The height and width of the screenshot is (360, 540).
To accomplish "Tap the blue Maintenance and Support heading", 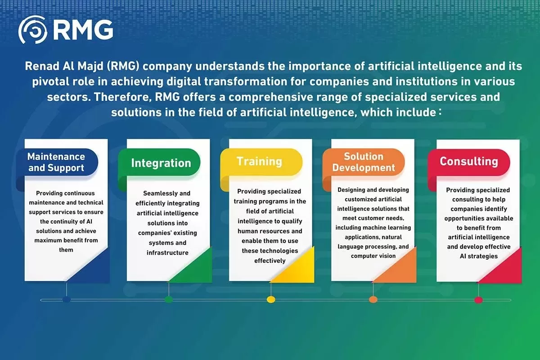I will pos(56,162).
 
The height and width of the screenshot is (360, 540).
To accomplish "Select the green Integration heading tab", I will pos(161,163).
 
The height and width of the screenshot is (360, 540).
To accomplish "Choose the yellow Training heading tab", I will pos(260,162).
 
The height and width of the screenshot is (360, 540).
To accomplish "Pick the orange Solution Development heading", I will pos(363,162).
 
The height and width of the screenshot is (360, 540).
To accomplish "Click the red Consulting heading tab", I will pos(468,162).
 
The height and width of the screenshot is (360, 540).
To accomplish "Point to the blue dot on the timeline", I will pos(67,299).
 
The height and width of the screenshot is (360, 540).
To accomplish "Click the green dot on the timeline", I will pos(169,299).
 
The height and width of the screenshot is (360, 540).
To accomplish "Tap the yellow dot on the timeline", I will pos(271,299).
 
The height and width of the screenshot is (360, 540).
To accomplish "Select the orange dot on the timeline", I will pos(373,299).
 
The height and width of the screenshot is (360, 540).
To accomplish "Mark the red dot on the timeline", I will pos(478,299).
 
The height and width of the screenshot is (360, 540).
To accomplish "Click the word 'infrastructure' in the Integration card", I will pos(167,253).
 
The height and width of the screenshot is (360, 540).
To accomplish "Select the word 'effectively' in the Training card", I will pos(270,261).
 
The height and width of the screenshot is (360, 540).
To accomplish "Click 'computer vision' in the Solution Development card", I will pos(373,256).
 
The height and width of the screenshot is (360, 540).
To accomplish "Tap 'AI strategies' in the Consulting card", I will pos(478,256).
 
